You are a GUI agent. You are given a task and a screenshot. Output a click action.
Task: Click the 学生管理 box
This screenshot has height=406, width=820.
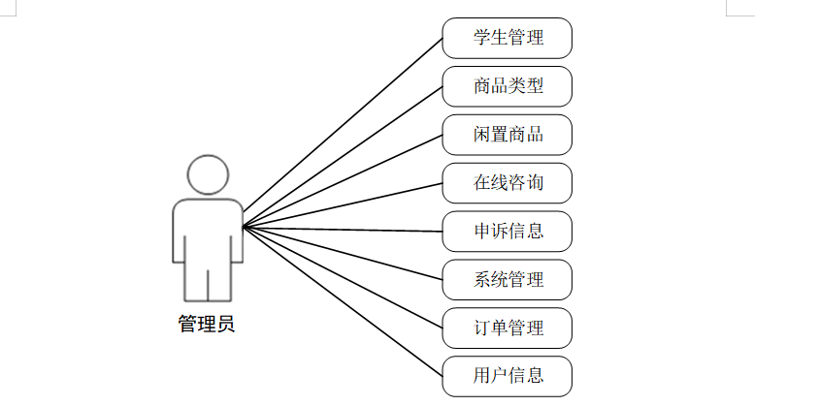pyautogui.click(x=507, y=39)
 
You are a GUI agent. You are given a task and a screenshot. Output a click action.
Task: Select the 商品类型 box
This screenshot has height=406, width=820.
pyautogui.click(x=507, y=86)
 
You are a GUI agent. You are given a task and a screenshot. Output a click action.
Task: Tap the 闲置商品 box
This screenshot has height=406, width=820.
pyautogui.click(x=507, y=135)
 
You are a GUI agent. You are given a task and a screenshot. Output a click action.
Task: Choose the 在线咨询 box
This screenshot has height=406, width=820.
pyautogui.click(x=507, y=182)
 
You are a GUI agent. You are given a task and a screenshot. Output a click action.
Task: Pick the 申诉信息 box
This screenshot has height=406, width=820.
pyautogui.click(x=507, y=231)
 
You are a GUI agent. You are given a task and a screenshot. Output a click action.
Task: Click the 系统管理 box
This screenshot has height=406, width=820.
pyautogui.click(x=507, y=279)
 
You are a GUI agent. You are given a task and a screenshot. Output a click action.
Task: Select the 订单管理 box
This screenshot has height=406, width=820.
pyautogui.click(x=507, y=328)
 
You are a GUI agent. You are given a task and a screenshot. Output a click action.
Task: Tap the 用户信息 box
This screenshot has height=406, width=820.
pyautogui.click(x=507, y=375)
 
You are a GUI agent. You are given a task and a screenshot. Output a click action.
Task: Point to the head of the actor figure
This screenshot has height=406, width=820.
pyautogui.click(x=208, y=173)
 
